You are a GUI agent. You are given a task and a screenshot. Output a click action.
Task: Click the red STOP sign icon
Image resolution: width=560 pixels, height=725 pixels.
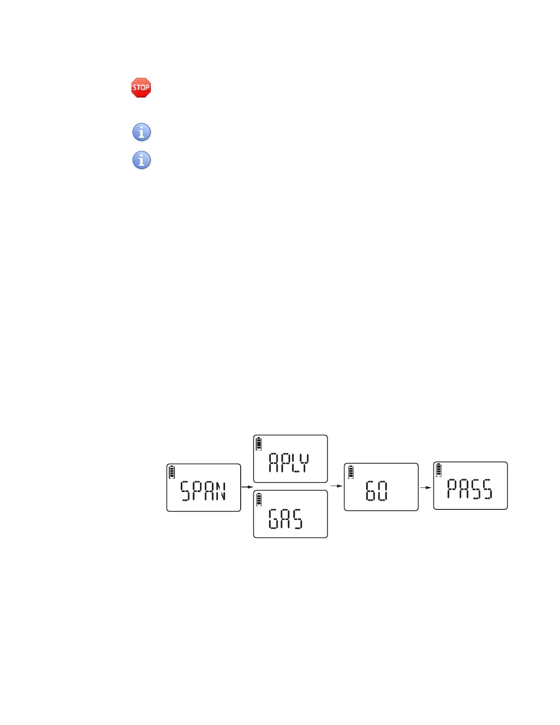pyautogui.click(x=141, y=87)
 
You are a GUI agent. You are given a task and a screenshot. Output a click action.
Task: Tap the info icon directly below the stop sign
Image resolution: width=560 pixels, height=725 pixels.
pyautogui.click(x=141, y=132)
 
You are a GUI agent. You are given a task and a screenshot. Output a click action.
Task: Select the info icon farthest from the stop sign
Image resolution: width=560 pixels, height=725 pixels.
pyautogui.click(x=141, y=160)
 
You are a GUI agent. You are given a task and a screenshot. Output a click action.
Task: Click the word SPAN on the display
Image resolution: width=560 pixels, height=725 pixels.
pyautogui.click(x=203, y=491)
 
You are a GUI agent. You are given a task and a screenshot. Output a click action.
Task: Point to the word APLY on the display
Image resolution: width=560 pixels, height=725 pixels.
pyautogui.click(x=289, y=462)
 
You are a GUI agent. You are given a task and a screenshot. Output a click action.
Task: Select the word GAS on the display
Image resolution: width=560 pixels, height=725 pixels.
pyautogui.click(x=285, y=519)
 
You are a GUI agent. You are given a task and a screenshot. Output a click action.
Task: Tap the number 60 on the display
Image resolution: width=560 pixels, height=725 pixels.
pyautogui.click(x=377, y=491)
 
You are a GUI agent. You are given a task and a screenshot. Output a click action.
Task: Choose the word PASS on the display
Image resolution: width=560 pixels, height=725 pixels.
pyautogui.click(x=469, y=489)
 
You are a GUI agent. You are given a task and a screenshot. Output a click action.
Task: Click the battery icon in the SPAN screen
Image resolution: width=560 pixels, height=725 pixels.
pyautogui.click(x=172, y=472)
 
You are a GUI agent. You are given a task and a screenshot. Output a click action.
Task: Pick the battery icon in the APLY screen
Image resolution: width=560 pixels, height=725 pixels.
pyautogui.click(x=259, y=444)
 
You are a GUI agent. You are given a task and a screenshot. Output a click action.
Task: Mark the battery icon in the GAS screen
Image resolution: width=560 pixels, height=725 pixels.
pyautogui.click(x=259, y=499)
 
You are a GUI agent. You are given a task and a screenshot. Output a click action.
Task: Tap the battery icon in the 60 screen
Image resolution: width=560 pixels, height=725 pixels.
pyautogui.click(x=351, y=472)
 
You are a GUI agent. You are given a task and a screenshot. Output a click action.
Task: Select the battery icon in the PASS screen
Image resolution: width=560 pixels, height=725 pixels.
pyautogui.click(x=439, y=470)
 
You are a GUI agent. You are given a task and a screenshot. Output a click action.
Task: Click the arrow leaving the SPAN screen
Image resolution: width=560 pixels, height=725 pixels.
pyautogui.click(x=247, y=487)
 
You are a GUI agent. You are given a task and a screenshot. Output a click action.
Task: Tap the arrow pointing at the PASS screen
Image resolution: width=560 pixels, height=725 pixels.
pyautogui.click(x=426, y=487)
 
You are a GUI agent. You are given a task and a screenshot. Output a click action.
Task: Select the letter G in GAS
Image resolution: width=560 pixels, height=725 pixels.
pyautogui.click(x=273, y=519)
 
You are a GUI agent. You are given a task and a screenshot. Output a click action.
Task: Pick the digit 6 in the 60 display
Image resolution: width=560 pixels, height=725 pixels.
pyautogui.click(x=370, y=491)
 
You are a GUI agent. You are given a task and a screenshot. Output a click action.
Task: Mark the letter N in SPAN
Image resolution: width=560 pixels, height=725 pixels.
pyautogui.click(x=221, y=491)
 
